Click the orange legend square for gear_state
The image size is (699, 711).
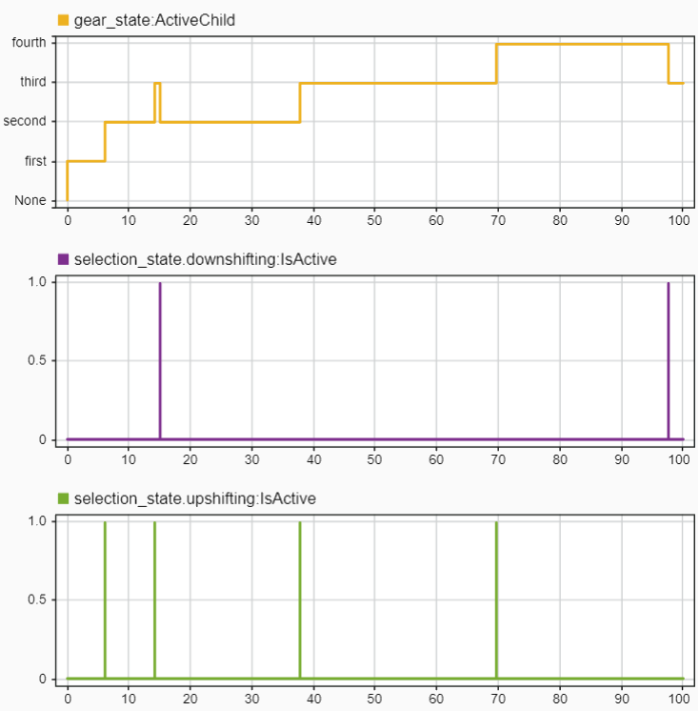click(x=64, y=19)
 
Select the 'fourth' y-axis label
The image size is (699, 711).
click(x=29, y=42)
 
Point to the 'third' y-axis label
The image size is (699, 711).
click(x=33, y=82)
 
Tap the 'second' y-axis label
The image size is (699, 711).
click(x=26, y=121)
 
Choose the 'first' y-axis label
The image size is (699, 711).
click(x=35, y=161)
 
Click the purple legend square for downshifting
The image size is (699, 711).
click(x=64, y=258)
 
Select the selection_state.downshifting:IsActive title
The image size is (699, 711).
click(x=205, y=258)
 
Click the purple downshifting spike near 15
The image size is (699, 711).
click(x=160, y=362)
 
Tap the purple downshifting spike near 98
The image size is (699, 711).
click(x=669, y=362)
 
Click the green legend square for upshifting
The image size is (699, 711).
click(x=64, y=498)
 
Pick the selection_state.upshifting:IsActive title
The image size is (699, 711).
click(x=194, y=498)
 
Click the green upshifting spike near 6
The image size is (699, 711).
click(x=105, y=600)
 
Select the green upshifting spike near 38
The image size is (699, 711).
click(x=300, y=600)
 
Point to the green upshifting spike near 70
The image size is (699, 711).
click(x=497, y=600)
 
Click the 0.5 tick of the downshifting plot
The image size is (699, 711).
click(x=35, y=360)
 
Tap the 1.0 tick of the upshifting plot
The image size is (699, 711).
click(x=35, y=521)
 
